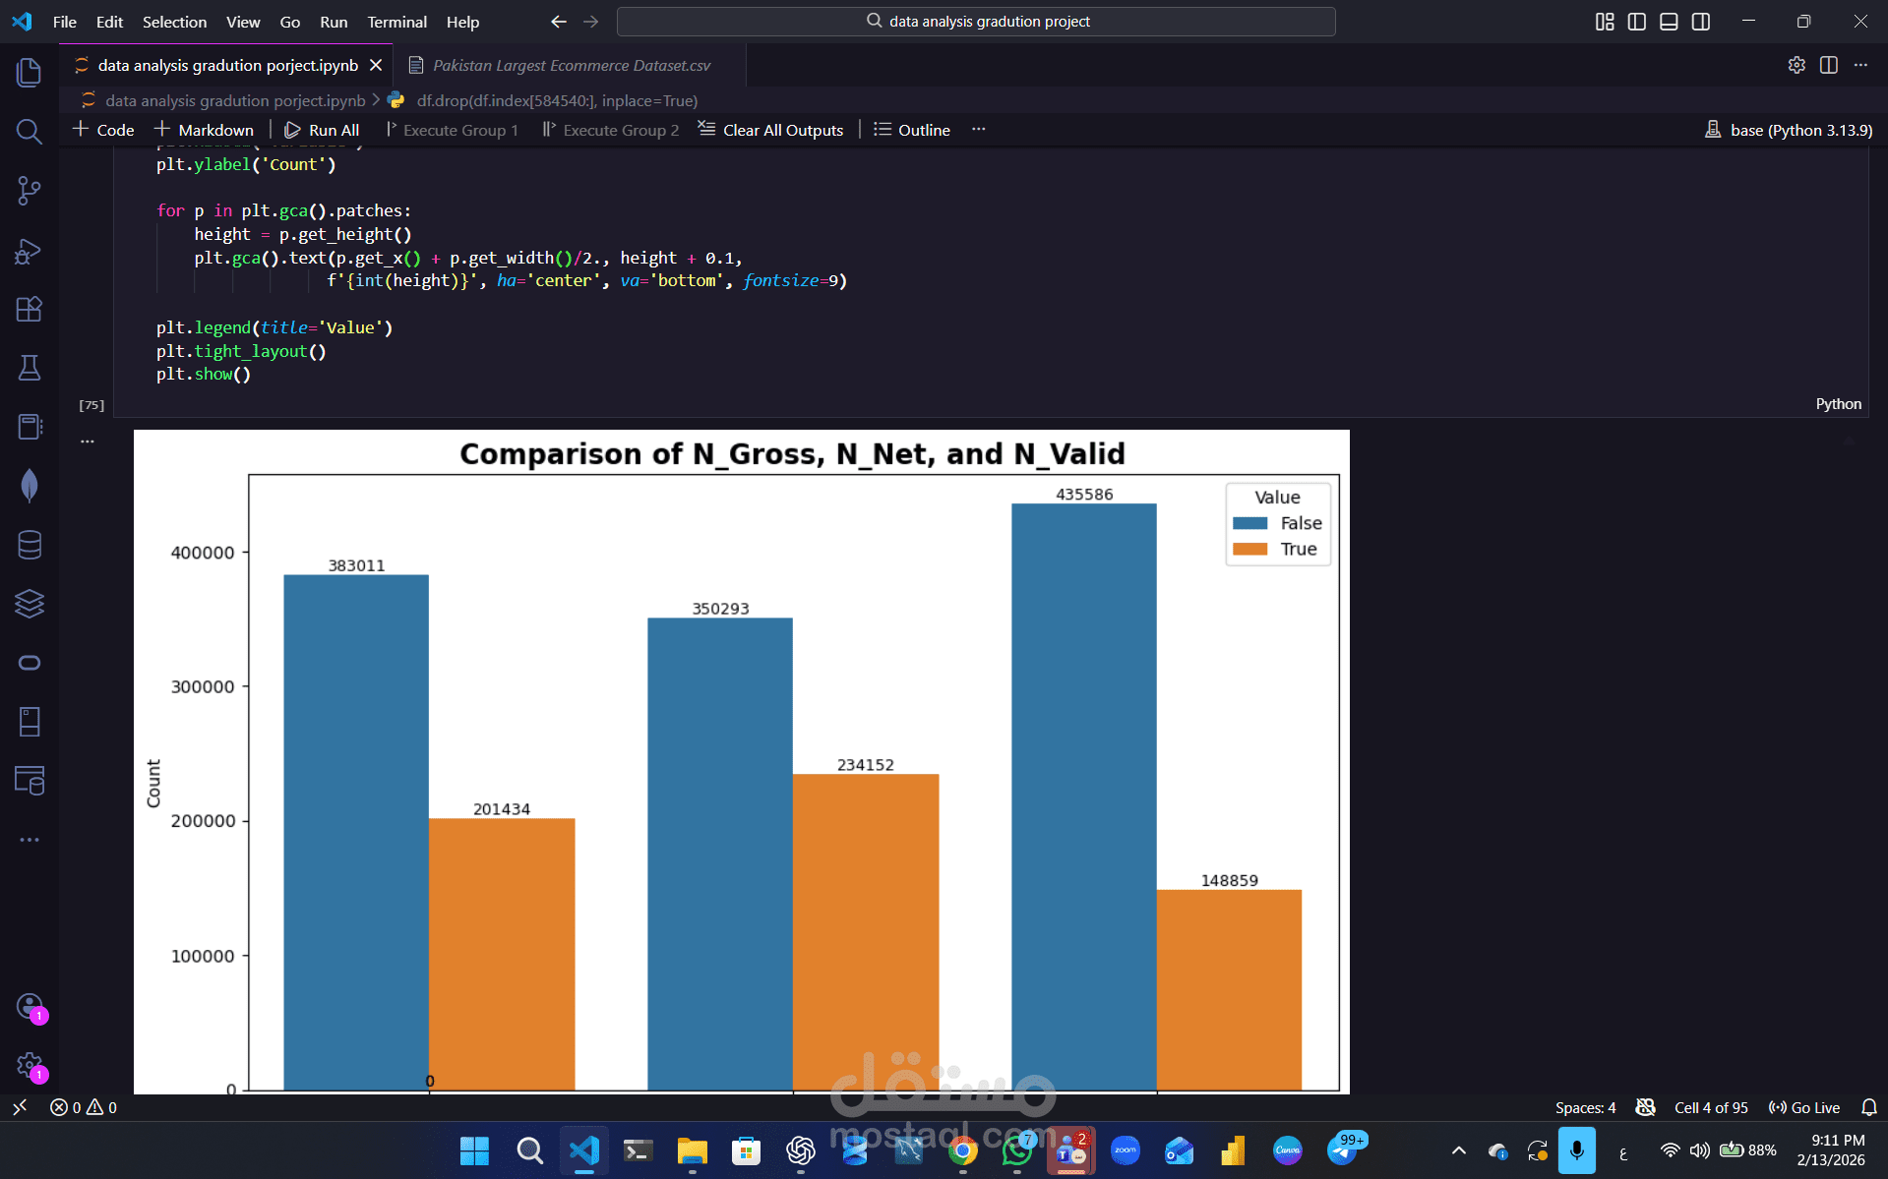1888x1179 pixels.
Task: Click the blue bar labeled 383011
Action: [x=356, y=831]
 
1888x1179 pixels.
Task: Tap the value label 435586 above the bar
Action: [x=1084, y=495]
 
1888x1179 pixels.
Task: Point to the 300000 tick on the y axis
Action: [x=203, y=686]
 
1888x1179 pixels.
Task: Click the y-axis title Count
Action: [x=153, y=783]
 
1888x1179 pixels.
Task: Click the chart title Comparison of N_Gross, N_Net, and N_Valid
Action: [x=792, y=454]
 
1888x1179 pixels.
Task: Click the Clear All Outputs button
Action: [x=771, y=130]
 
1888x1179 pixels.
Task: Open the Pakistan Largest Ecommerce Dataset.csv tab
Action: [x=571, y=65]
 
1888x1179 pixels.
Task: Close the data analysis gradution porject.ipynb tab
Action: [x=376, y=65]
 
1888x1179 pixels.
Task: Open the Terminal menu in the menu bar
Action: [x=396, y=22]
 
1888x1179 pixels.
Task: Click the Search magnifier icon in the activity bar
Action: [x=30, y=132]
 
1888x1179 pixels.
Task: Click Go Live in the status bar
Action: [x=1804, y=1107]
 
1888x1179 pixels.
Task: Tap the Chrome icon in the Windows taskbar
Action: [x=962, y=1150]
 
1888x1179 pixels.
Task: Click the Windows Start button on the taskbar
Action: [x=474, y=1150]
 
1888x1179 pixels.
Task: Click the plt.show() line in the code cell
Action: [x=204, y=375]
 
